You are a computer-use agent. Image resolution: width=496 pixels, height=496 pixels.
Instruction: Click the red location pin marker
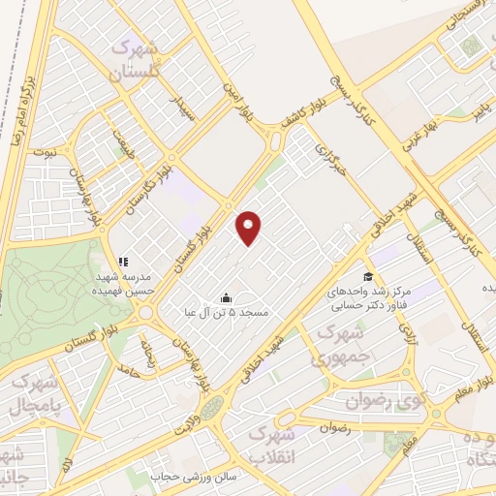[x=249, y=227]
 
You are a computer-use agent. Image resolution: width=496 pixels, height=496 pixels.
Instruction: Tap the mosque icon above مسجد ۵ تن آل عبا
[x=226, y=297]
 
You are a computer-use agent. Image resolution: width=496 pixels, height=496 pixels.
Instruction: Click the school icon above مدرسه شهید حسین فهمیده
[x=123, y=262]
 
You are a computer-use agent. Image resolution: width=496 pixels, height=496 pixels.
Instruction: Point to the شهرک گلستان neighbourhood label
[x=138, y=59]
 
